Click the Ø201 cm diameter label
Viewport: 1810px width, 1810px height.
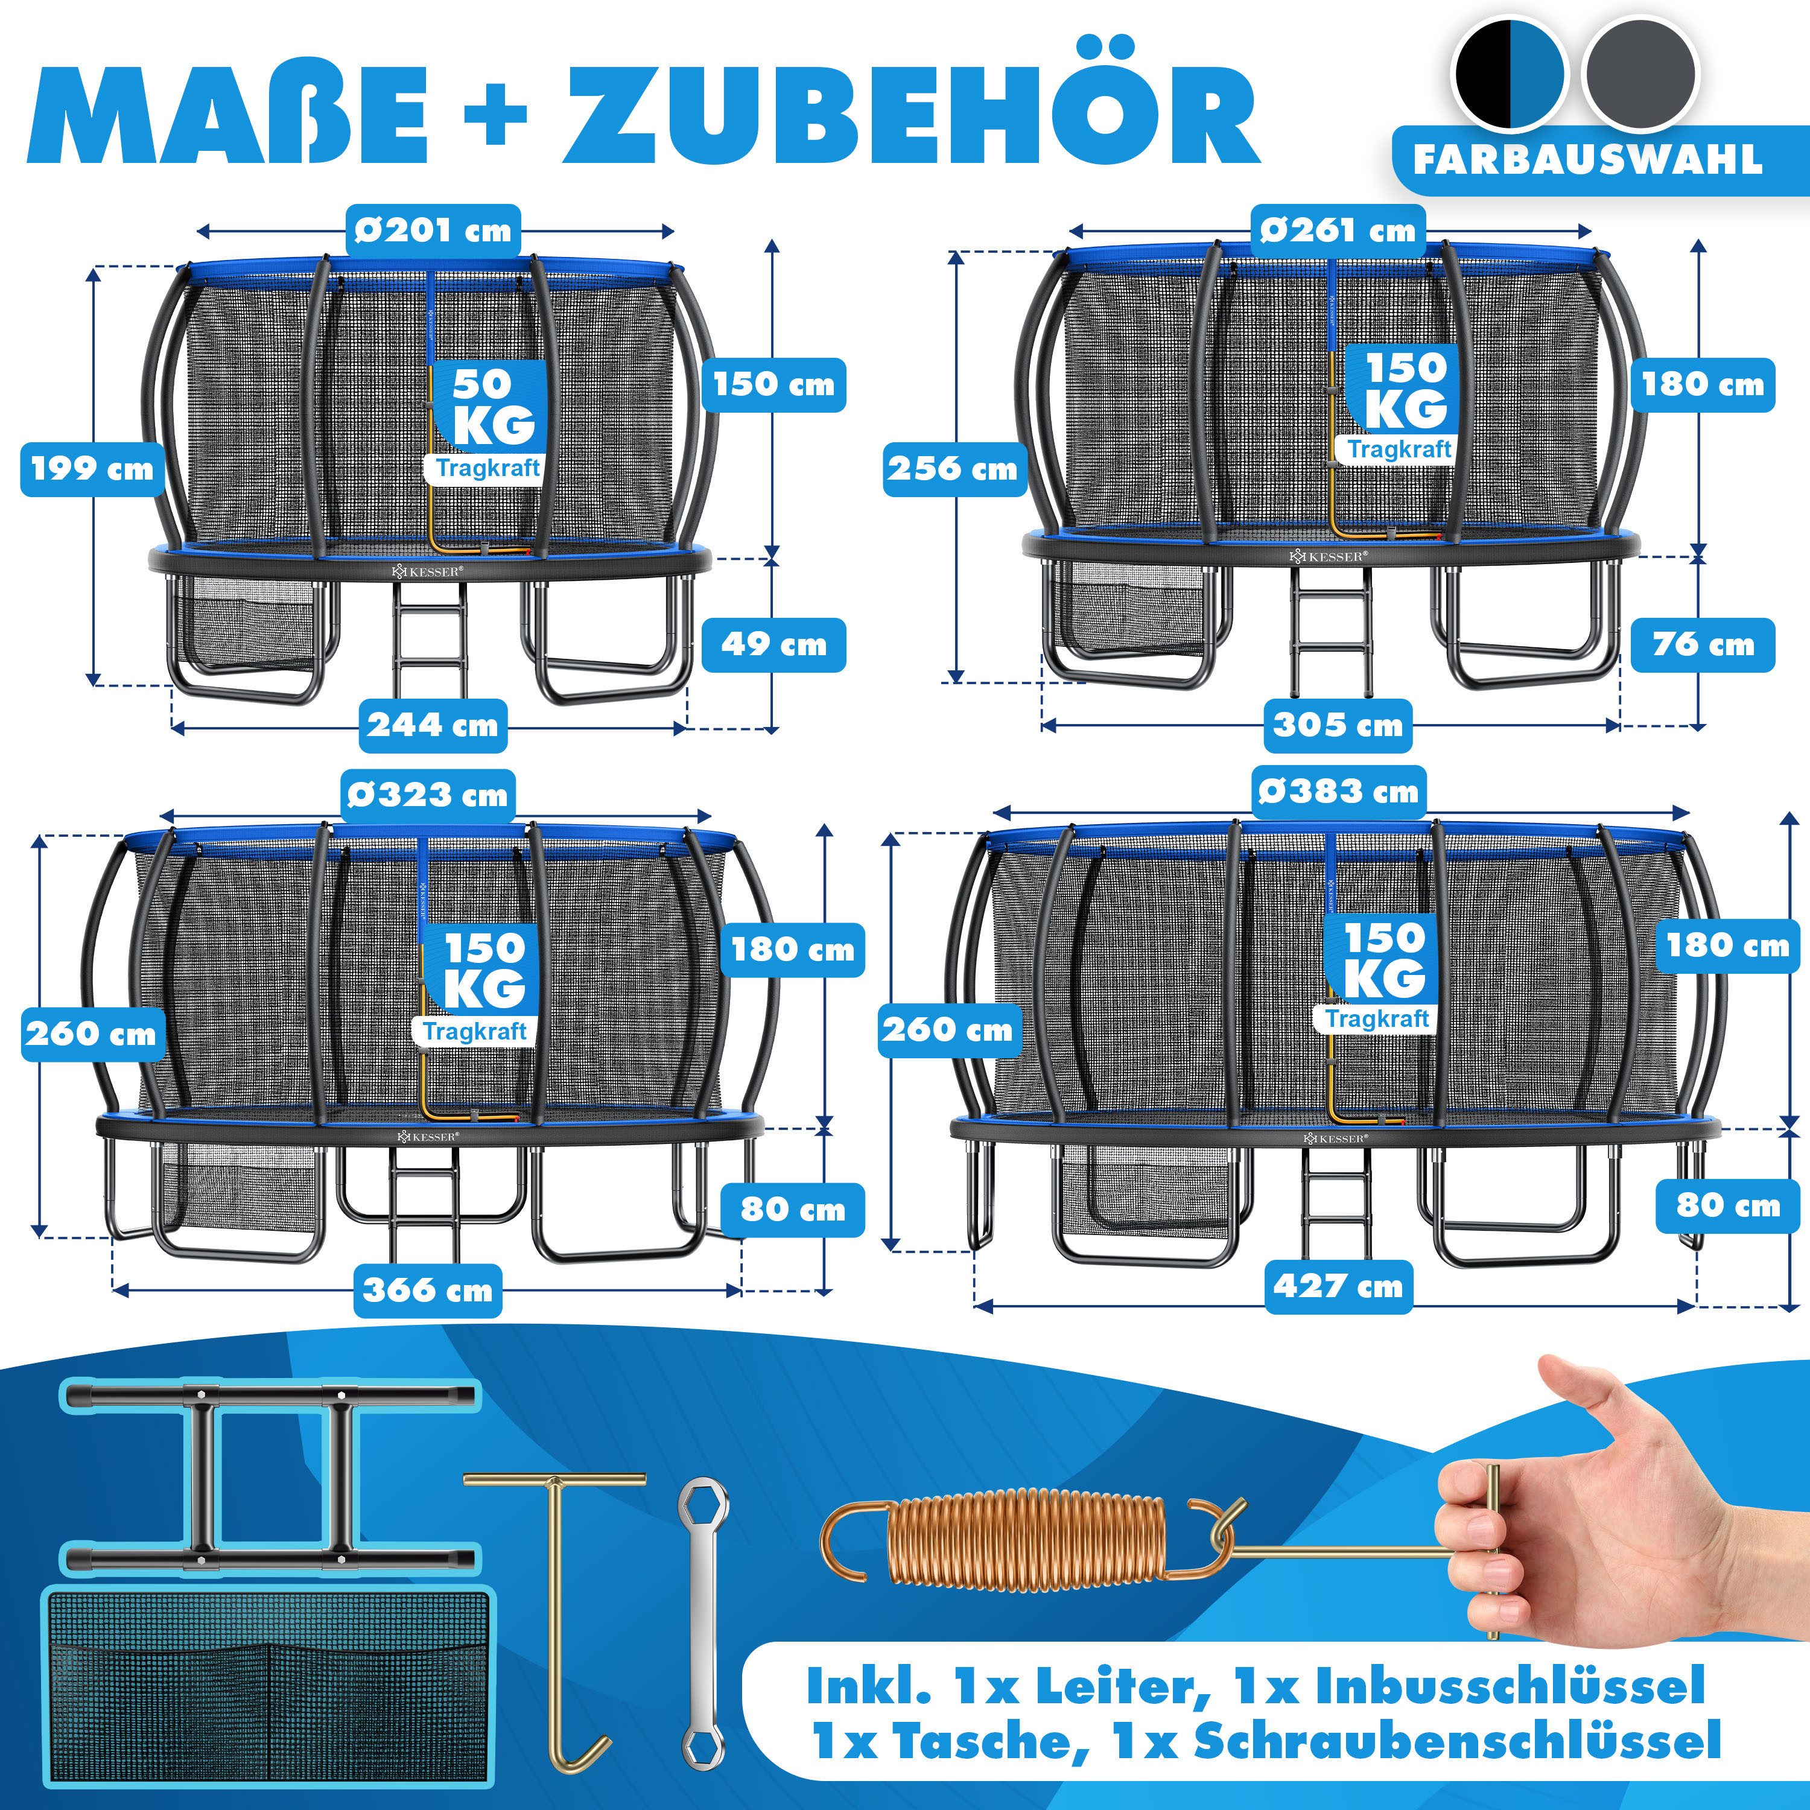pyautogui.click(x=433, y=230)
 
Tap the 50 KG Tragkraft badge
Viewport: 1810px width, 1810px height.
pyautogui.click(x=487, y=422)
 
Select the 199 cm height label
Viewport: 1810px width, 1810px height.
pyautogui.click(x=91, y=468)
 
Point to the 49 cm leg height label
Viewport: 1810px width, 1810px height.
pyautogui.click(x=774, y=644)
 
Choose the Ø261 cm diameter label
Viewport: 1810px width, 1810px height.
pyautogui.click(x=1337, y=230)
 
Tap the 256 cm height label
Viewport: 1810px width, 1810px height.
pyautogui.click(x=952, y=468)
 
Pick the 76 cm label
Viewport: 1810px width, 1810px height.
pyautogui.click(x=1702, y=644)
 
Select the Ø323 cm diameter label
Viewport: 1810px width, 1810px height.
pyautogui.click(x=427, y=795)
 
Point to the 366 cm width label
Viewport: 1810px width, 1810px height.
pyautogui.click(x=427, y=1290)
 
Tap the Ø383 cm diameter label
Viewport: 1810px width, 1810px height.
pyautogui.click(x=1338, y=792)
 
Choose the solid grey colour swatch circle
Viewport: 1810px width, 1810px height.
pyautogui.click(x=1639, y=75)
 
